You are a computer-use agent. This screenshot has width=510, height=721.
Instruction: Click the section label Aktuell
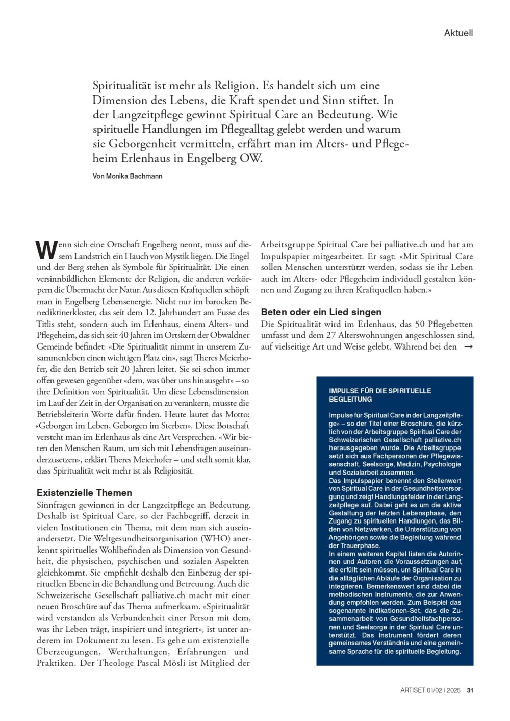coord(458,33)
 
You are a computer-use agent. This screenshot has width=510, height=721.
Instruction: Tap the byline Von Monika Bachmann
coord(127,176)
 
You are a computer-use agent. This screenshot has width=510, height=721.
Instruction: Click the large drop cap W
coord(46,250)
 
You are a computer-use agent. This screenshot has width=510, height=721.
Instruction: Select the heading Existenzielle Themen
coord(84,493)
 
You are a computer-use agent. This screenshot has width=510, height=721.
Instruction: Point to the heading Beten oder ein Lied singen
coord(321,312)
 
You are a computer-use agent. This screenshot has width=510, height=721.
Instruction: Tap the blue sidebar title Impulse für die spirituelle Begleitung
coord(380,395)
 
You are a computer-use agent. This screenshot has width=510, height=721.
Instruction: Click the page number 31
coord(470,690)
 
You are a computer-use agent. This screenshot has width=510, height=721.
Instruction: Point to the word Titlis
coord(46,324)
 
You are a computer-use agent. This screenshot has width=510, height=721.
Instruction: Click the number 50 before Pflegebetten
coord(420,324)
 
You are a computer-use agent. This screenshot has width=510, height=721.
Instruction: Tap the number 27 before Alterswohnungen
coord(331,335)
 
